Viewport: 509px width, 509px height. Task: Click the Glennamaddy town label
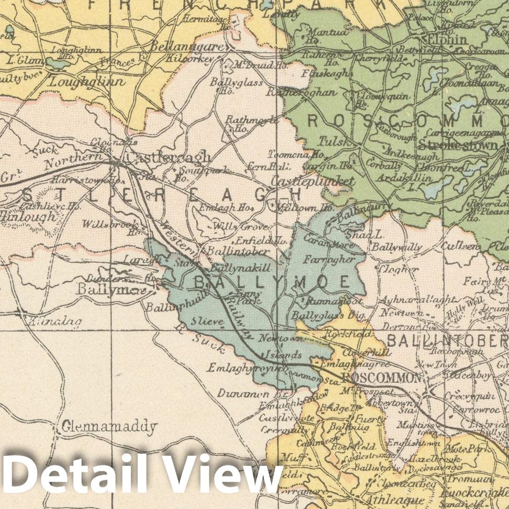tap(109, 427)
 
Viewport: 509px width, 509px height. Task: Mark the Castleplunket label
tap(312, 182)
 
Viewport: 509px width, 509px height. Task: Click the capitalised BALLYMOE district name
tap(272, 282)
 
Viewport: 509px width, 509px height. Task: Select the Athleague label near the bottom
tap(384, 498)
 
